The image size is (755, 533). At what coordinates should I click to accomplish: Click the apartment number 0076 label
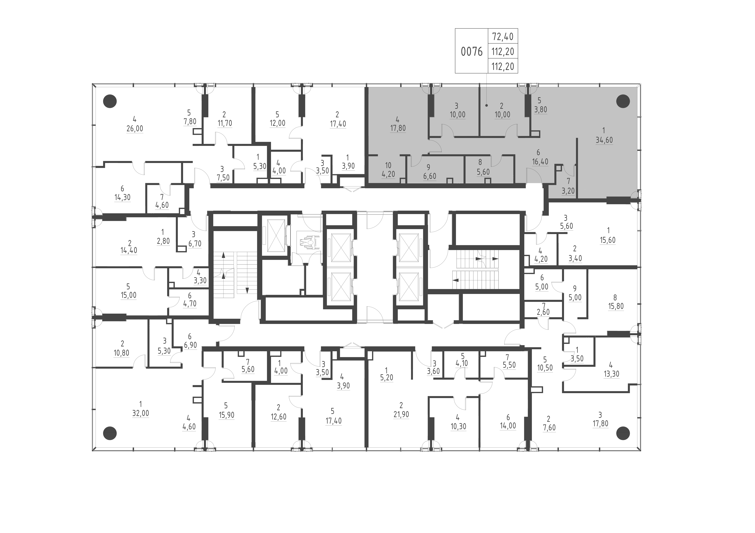click(x=472, y=52)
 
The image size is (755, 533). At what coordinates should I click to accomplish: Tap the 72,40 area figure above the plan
click(x=503, y=37)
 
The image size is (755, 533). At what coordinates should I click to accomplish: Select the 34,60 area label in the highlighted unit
click(x=604, y=140)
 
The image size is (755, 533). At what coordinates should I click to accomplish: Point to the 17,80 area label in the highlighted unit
click(x=398, y=128)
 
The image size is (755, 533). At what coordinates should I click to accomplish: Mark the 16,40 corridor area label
click(x=540, y=162)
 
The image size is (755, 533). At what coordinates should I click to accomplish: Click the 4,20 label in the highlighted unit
click(x=388, y=174)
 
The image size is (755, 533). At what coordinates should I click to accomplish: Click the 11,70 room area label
click(x=225, y=123)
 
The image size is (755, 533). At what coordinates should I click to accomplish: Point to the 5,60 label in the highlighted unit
click(x=483, y=172)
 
